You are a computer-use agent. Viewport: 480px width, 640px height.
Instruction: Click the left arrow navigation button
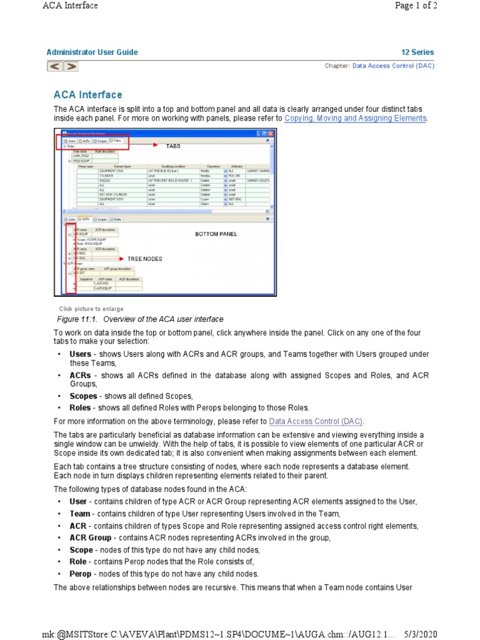pyautogui.click(x=54, y=66)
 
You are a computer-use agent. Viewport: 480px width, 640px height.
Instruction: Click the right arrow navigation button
pyautogui.click(x=71, y=66)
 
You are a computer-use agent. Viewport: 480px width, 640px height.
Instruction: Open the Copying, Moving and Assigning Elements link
pyautogui.click(x=355, y=118)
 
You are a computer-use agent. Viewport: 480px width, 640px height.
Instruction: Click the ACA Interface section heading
pyautogui.click(x=87, y=95)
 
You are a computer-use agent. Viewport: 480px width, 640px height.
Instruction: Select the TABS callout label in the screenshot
pyautogui.click(x=172, y=146)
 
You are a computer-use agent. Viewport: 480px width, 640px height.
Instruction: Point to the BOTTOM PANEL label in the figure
pyautogui.click(x=216, y=234)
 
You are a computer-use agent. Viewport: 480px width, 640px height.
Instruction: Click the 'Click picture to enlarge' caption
pyautogui.click(x=91, y=309)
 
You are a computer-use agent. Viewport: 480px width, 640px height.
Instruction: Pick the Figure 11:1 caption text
pyautogui.click(x=140, y=319)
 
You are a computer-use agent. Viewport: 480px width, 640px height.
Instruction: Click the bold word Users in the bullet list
pyautogui.click(x=81, y=354)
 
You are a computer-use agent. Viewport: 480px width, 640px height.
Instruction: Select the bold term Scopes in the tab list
pyautogui.click(x=83, y=396)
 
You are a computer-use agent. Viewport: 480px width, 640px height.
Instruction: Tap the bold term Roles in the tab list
pyautogui.click(x=81, y=407)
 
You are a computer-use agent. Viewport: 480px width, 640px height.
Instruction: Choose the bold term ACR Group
pyautogui.click(x=91, y=537)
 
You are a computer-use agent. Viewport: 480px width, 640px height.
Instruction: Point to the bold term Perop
pyautogui.click(x=81, y=574)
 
